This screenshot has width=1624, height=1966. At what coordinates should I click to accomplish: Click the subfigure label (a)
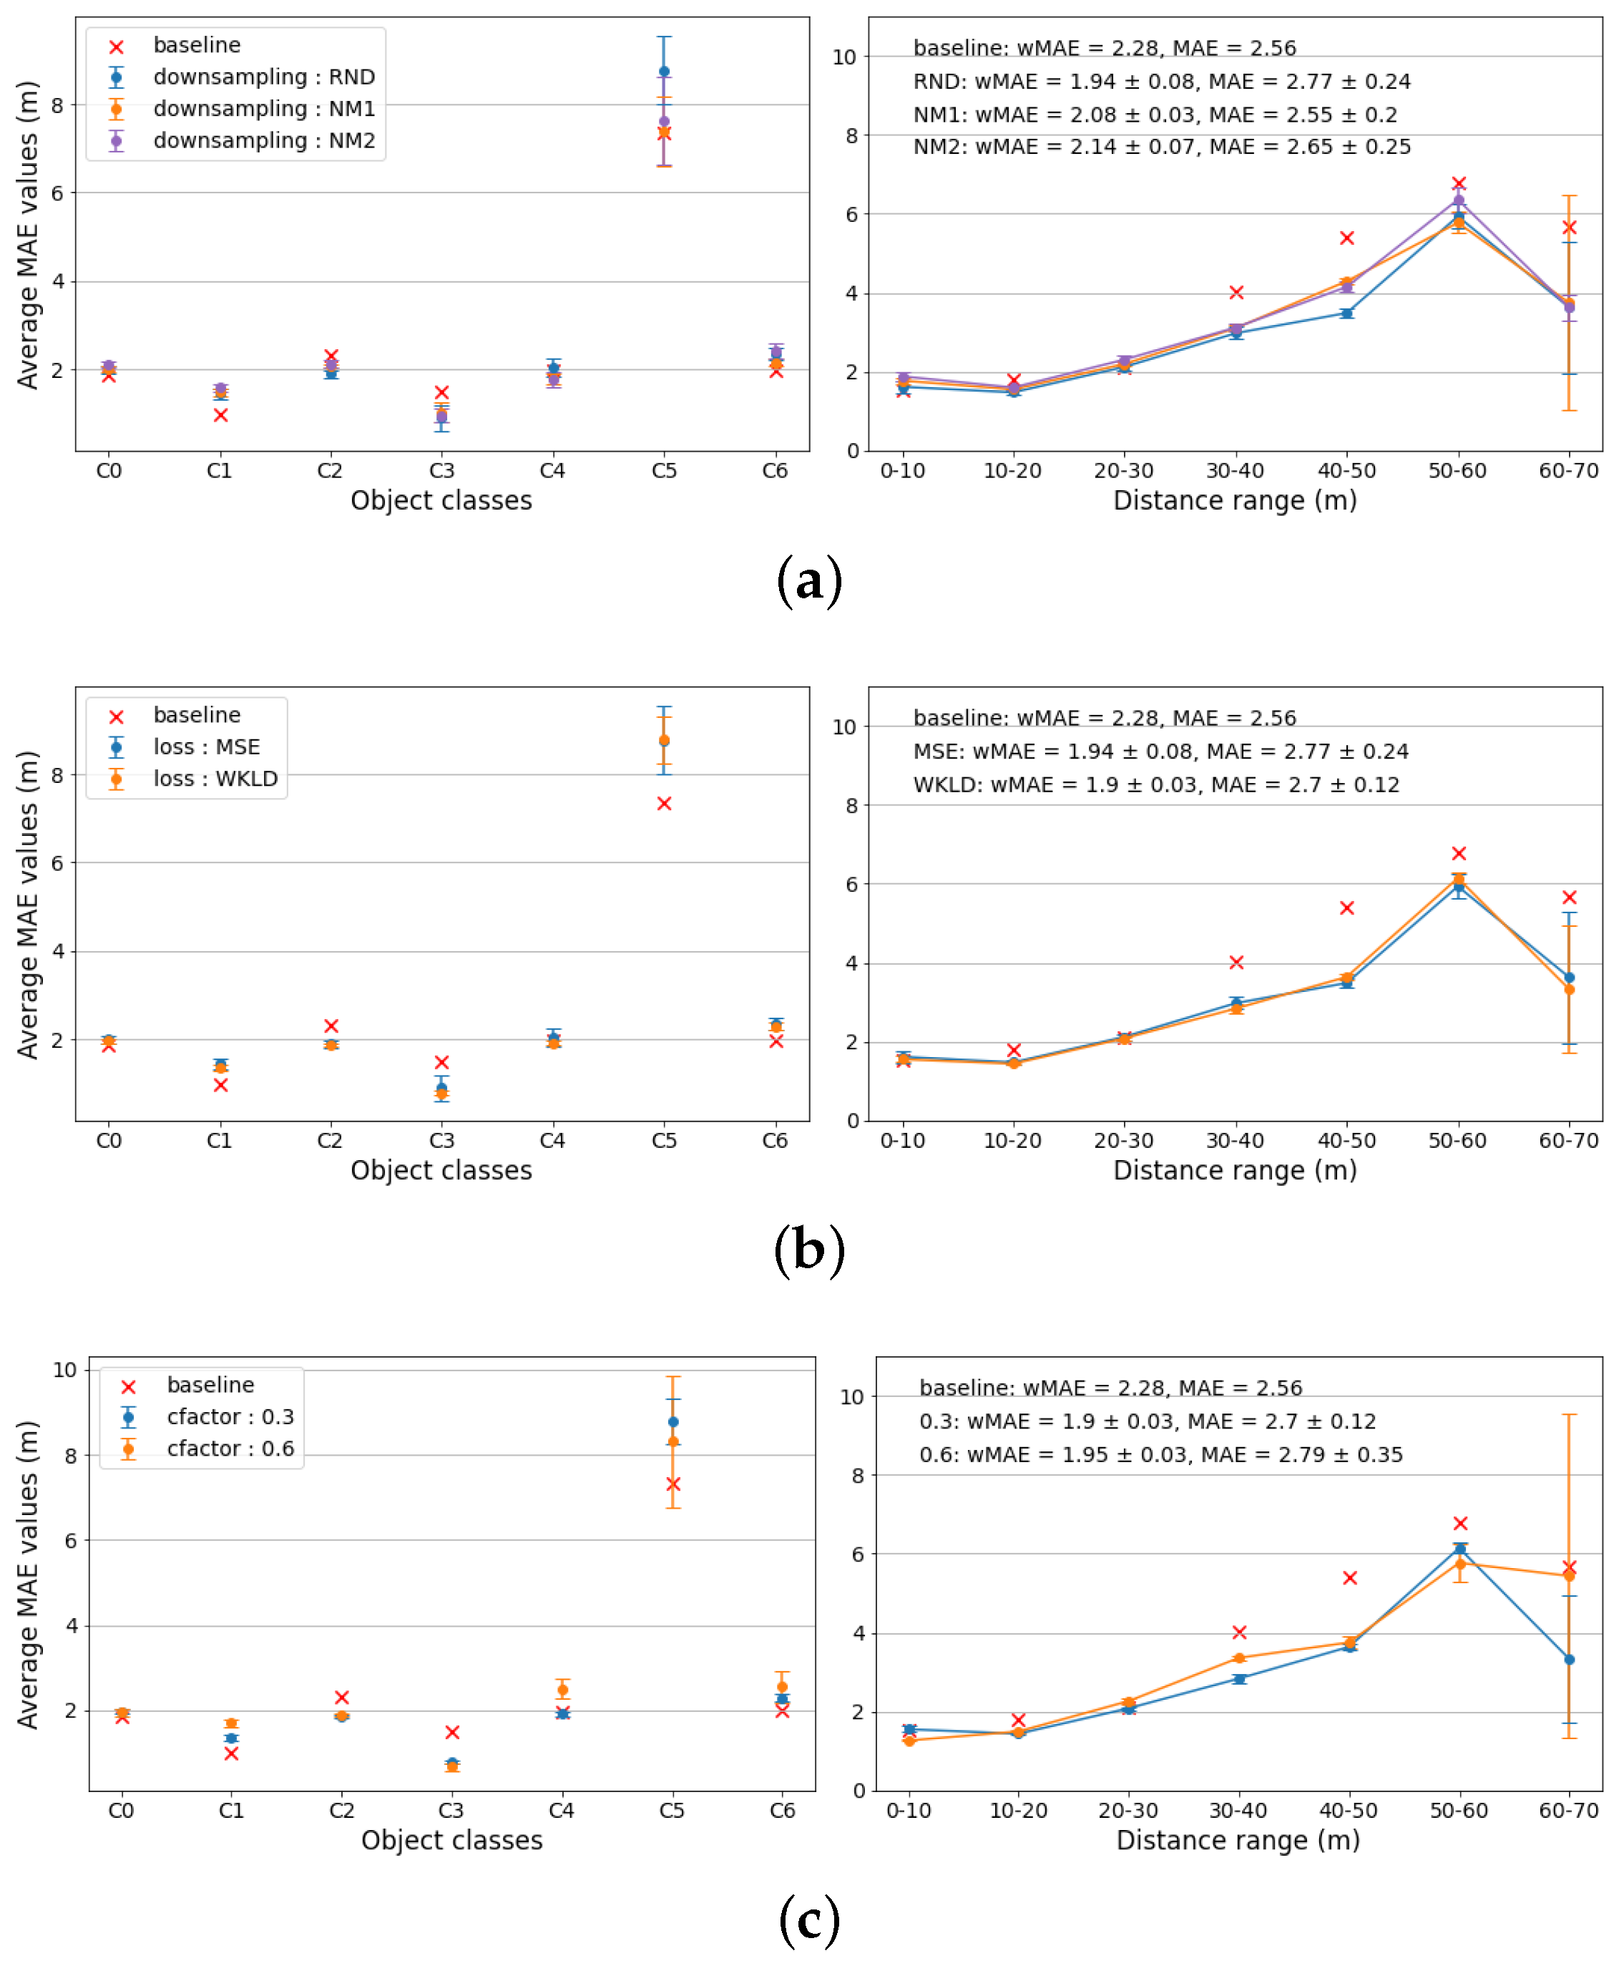(809, 581)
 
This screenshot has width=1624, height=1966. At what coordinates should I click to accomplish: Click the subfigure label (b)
(809, 1251)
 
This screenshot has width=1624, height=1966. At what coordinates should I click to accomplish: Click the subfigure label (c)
(809, 1920)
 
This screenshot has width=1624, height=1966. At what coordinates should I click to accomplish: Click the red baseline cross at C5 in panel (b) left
(664, 804)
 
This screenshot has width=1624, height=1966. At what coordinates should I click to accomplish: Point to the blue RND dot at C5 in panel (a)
(664, 71)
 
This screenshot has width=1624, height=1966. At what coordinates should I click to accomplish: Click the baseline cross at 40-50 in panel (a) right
(1347, 238)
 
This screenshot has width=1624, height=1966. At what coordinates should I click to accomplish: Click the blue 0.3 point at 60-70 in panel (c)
(1569, 1659)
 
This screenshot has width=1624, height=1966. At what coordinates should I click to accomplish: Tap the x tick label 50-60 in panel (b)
(1457, 1141)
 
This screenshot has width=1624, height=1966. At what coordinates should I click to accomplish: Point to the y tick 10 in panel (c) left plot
(64, 1370)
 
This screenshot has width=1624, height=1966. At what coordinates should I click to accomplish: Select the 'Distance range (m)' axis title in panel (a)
(1235, 500)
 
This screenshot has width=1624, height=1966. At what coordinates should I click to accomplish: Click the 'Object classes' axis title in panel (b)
(441, 1171)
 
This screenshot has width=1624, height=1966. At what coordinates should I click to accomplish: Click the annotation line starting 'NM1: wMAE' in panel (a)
(1155, 115)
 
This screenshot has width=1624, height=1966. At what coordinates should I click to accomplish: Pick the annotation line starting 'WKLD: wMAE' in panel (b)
(1155, 784)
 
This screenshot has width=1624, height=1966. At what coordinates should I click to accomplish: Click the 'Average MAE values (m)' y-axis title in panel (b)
(28, 904)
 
